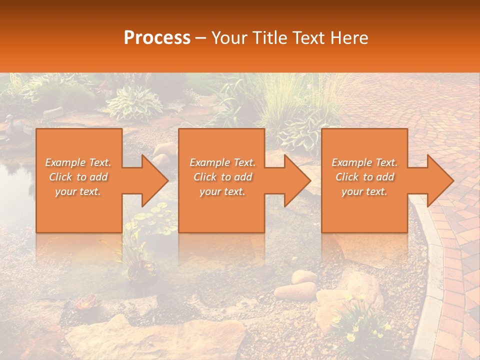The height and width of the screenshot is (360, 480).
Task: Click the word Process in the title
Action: (x=157, y=38)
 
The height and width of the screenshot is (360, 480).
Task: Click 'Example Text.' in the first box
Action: (x=78, y=162)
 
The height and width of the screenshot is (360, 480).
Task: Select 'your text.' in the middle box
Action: (x=222, y=191)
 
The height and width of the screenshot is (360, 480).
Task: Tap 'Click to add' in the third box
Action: (x=364, y=177)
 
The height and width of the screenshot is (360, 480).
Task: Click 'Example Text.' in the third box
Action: (x=364, y=162)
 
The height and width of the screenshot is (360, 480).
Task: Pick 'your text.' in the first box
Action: (x=78, y=191)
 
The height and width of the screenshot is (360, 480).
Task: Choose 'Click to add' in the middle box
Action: (x=222, y=177)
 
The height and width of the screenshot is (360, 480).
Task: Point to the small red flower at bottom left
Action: (x=88, y=301)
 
